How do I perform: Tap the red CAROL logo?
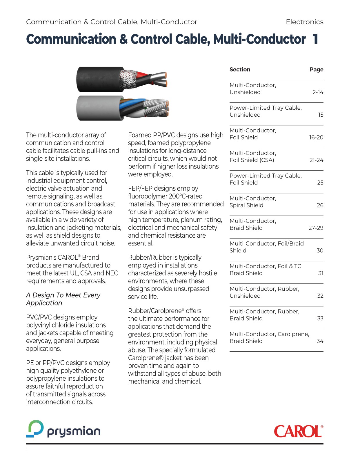click(298, 431)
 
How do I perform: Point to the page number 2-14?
click(318, 92)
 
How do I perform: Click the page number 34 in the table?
click(320, 341)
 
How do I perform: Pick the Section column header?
click(240, 70)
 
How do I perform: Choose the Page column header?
click(316, 70)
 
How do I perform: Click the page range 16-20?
click(316, 138)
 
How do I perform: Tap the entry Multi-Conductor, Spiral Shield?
click(253, 202)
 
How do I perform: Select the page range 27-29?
click(316, 228)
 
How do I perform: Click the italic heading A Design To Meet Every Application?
click(63, 299)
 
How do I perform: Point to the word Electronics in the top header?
click(304, 22)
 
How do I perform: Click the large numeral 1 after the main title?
click(315, 39)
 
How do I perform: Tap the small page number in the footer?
click(27, 449)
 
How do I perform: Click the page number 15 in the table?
click(321, 115)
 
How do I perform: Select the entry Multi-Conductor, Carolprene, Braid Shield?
click(269, 338)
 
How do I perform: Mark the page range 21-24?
click(316, 160)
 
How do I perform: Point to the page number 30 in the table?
click(320, 251)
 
